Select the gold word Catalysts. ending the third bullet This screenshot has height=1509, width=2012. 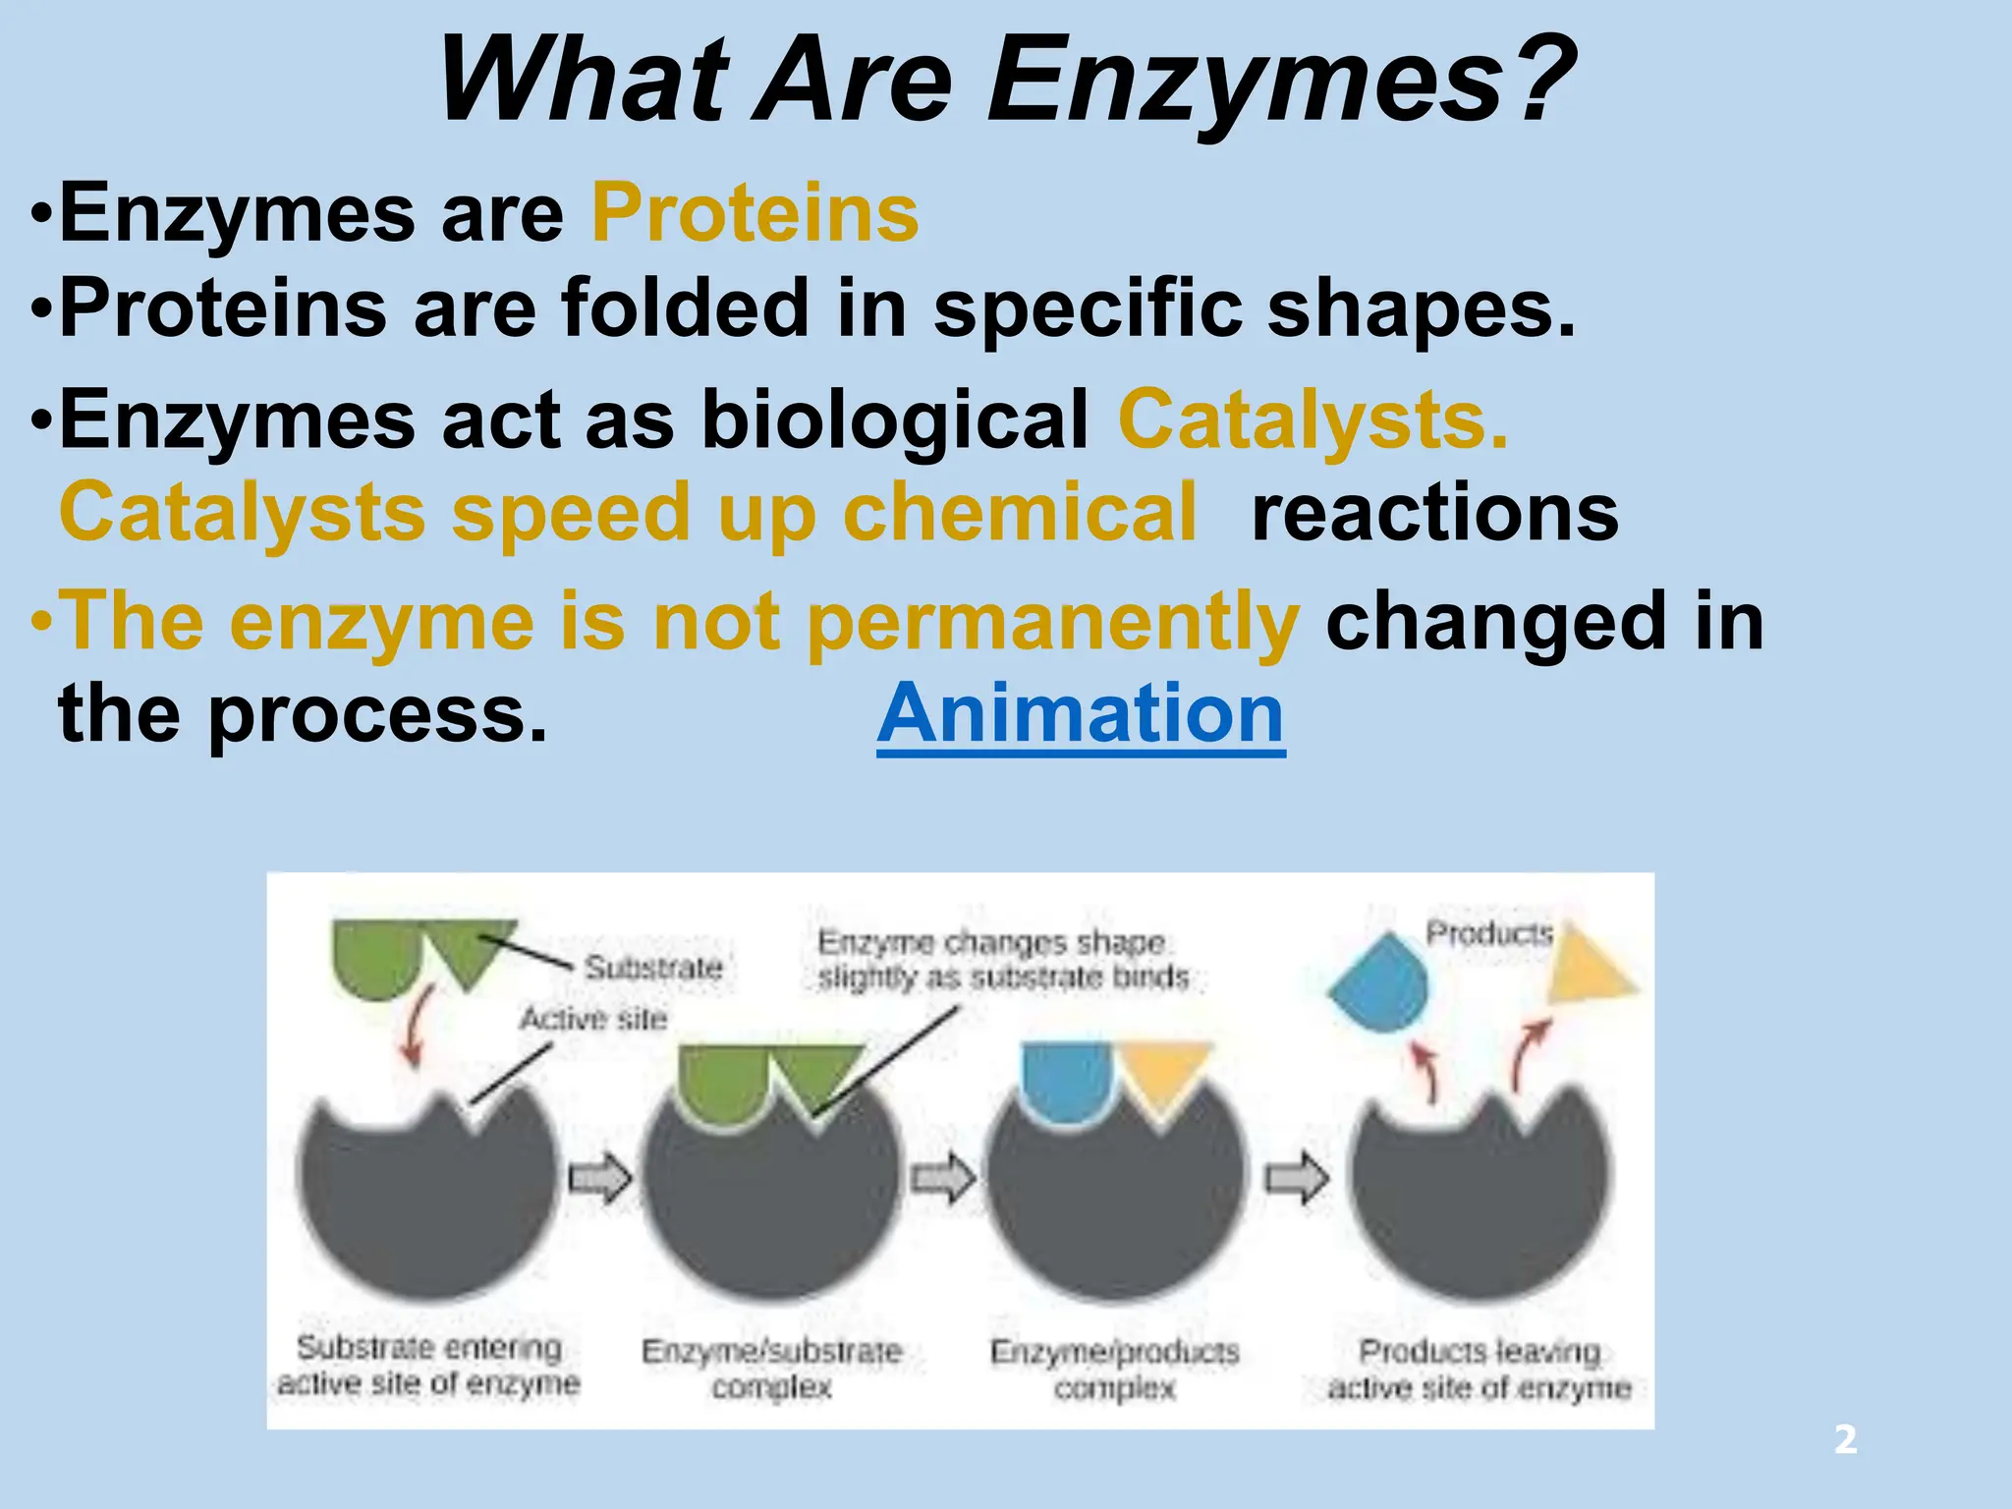coord(1313,420)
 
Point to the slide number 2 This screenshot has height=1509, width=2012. coord(1845,1440)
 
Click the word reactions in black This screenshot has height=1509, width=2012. coord(1434,513)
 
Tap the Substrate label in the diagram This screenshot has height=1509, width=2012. coord(654,968)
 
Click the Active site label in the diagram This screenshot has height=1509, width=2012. coord(593,1019)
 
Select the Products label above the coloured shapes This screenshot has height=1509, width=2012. coord(1489,932)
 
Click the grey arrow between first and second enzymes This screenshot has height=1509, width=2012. coord(600,1177)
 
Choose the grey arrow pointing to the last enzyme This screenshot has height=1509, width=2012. coord(1296,1177)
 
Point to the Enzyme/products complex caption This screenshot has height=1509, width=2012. coord(1115,1369)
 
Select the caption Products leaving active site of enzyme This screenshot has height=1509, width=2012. coord(1480,1369)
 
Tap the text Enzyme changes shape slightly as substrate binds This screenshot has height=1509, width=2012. coord(1002,960)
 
